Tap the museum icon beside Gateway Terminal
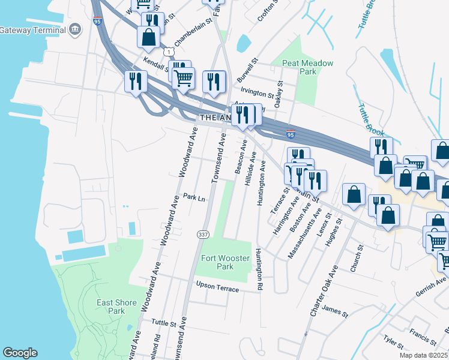pyautogui.click(x=75, y=29)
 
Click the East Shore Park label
pyautogui.click(x=116, y=307)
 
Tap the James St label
pyautogui.click(x=335, y=311)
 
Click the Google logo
pyautogui.click(x=20, y=353)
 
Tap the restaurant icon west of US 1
pyautogui.click(x=135, y=81)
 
